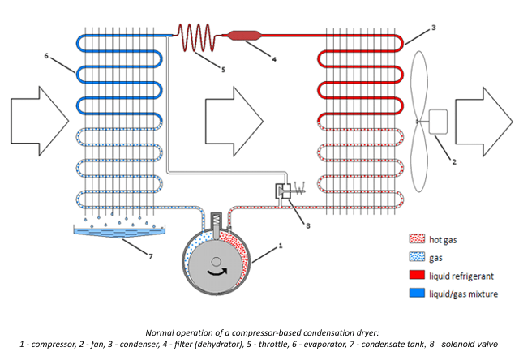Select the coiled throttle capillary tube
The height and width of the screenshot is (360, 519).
coord(195,36)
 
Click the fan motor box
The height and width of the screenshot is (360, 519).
coord(442,122)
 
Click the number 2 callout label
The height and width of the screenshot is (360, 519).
coord(454,162)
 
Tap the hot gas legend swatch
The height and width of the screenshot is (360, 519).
coord(416,239)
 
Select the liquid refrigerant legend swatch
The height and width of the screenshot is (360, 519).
coord(416,275)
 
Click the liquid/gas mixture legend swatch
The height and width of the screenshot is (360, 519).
coord(416,293)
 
